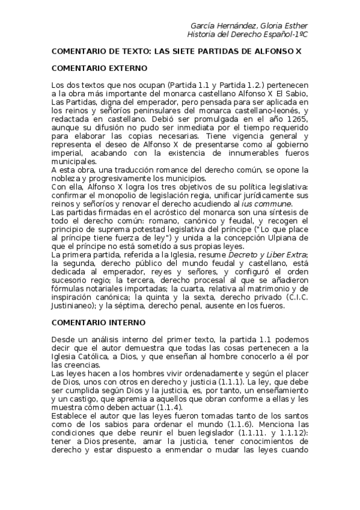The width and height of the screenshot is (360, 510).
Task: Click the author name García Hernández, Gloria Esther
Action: [248, 26]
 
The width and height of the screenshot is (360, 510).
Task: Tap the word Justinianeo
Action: [72, 306]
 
